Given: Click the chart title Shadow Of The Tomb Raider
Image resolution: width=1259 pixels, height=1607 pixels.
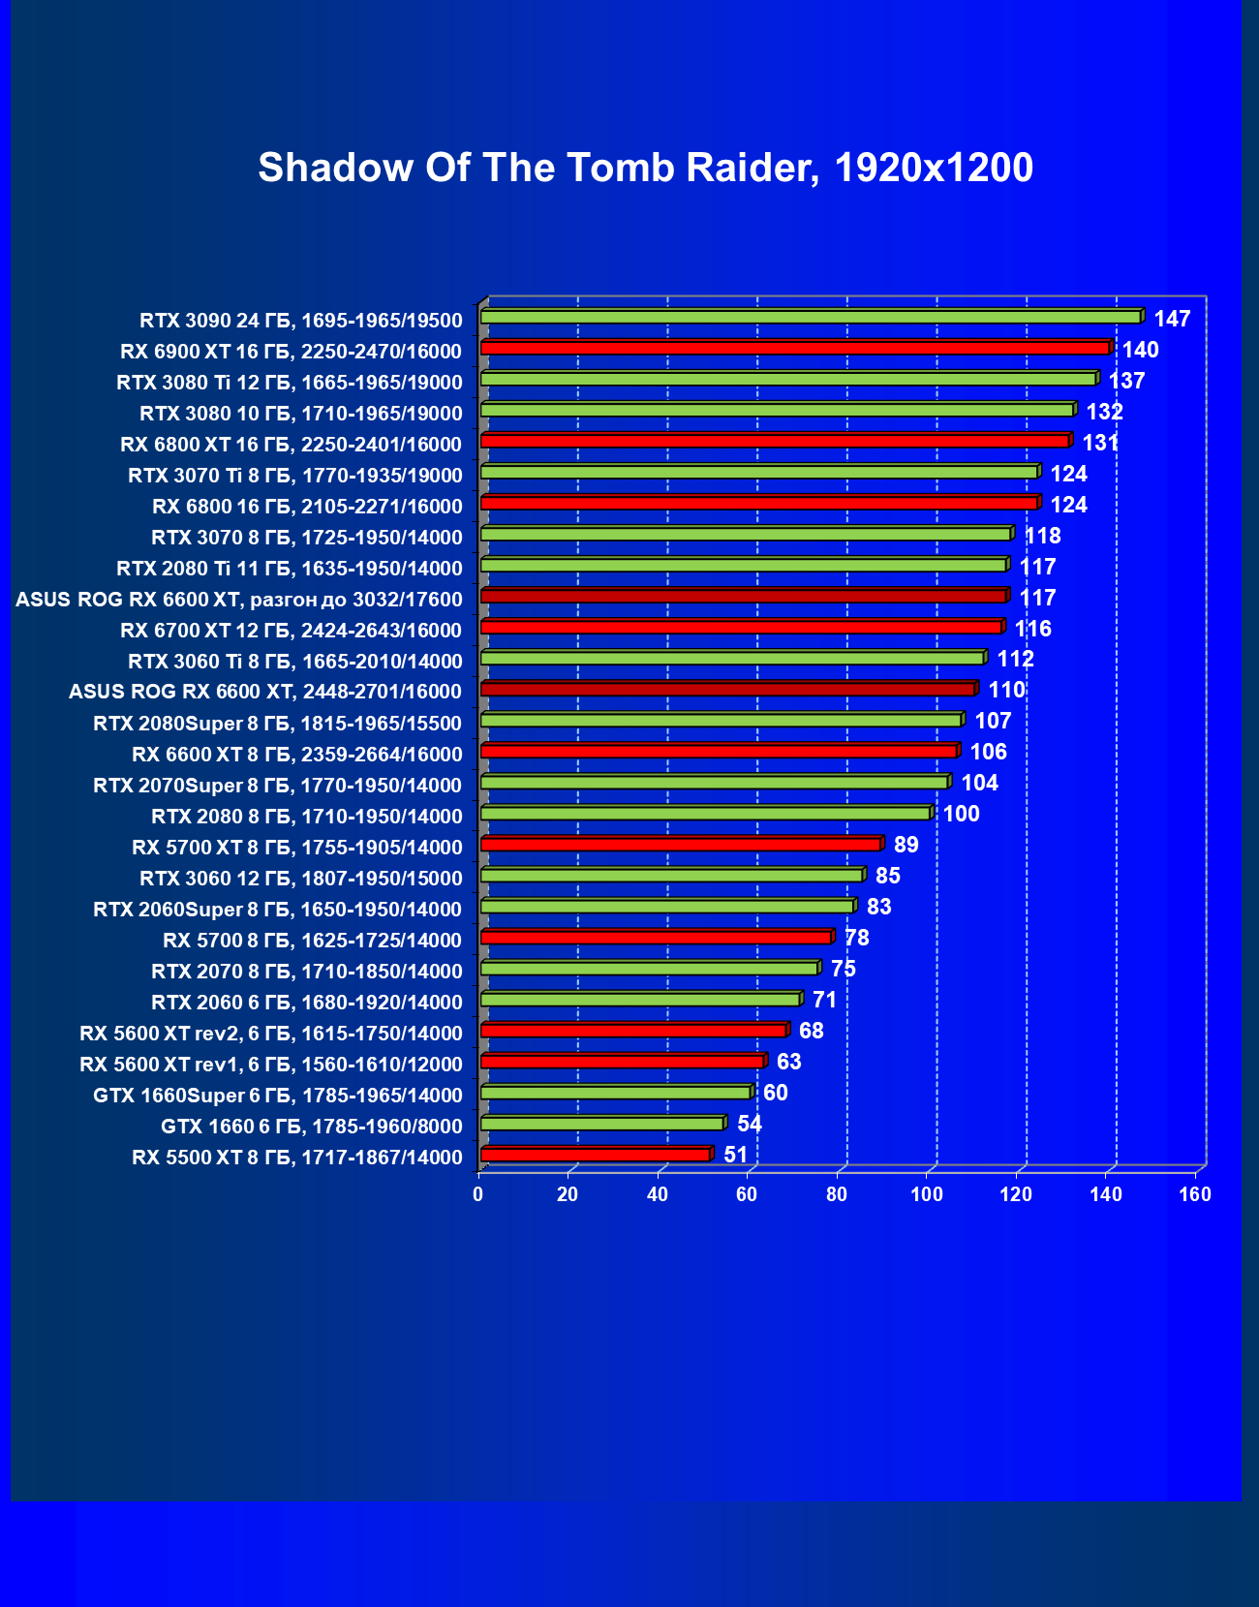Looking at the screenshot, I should click(x=645, y=168).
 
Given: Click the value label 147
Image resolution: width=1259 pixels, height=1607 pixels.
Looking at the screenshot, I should click(x=1172, y=319).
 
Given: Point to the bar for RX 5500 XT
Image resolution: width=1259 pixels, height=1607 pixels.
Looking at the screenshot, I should click(x=595, y=1154).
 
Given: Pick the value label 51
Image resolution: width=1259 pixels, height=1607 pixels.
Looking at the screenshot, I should click(x=736, y=1155).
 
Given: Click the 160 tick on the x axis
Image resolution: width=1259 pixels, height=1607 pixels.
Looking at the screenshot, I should click(x=1195, y=1194).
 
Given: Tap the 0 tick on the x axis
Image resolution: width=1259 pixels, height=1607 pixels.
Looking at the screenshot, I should click(x=478, y=1194).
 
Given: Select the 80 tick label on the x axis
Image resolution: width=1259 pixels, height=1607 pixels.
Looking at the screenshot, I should click(x=837, y=1194).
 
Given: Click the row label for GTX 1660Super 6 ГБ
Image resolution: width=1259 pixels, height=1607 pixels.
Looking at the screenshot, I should click(x=278, y=1096).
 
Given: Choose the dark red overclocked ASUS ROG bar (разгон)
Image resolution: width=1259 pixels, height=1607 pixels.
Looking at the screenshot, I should click(x=743, y=596).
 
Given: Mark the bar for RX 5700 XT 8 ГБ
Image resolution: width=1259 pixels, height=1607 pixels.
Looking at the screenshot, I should click(x=680, y=844).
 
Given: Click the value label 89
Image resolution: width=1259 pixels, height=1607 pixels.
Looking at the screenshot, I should click(x=906, y=845).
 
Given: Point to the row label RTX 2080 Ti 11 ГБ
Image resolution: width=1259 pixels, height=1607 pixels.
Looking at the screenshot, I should click(x=290, y=569).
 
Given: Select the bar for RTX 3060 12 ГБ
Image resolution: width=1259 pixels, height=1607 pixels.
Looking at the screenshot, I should click(x=671, y=875).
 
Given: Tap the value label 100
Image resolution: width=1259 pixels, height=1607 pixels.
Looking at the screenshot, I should click(x=962, y=814).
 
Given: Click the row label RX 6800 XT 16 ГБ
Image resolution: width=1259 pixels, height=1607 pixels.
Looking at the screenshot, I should click(x=292, y=445).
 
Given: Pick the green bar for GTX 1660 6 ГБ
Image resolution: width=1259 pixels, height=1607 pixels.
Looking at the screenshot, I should click(x=601, y=1123).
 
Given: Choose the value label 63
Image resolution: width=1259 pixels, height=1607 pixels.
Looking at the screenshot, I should click(x=789, y=1062).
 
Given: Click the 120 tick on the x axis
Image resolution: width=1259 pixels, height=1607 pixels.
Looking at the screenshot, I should click(x=1016, y=1194).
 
